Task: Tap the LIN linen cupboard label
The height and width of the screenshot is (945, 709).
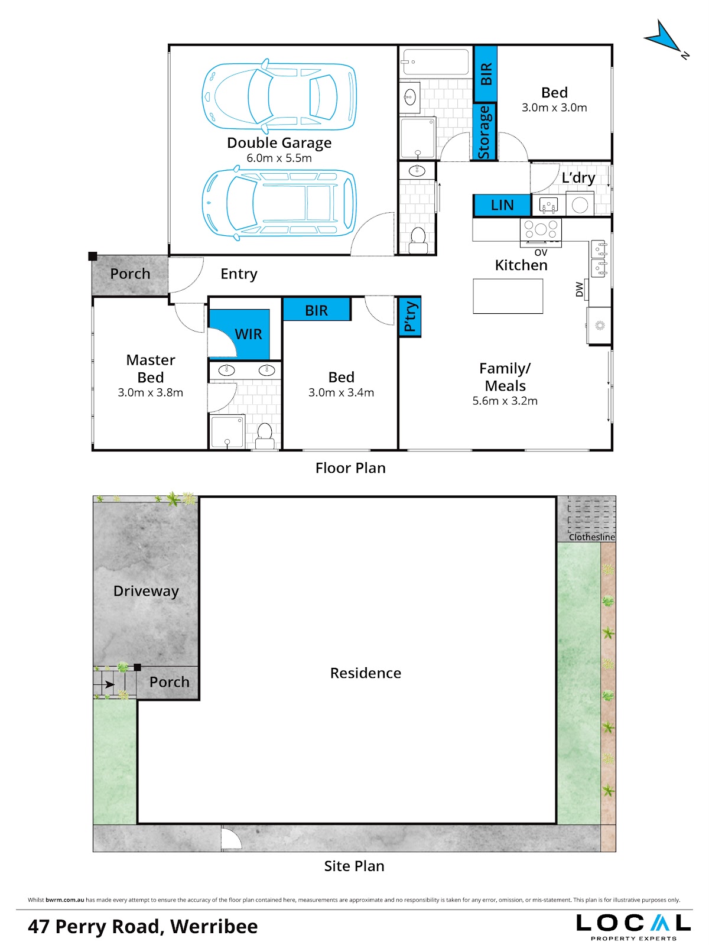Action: (x=502, y=205)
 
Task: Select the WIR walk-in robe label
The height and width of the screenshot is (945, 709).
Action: (x=248, y=334)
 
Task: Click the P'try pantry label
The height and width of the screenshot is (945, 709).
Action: (x=410, y=316)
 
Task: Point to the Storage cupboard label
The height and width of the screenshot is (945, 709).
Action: (x=484, y=132)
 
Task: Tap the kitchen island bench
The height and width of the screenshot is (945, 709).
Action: (x=508, y=295)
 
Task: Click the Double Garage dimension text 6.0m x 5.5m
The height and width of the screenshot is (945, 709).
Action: (x=279, y=158)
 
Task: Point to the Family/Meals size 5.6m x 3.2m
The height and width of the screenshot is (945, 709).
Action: (x=505, y=401)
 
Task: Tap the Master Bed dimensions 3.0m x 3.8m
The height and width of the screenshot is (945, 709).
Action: (x=150, y=392)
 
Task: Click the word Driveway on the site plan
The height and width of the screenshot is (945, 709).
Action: (x=146, y=591)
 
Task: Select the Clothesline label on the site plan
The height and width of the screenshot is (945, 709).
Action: (x=591, y=537)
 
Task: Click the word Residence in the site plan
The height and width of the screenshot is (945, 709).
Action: (x=365, y=673)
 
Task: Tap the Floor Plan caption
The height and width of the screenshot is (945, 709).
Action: (x=350, y=468)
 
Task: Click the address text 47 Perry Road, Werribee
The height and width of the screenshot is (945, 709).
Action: (x=143, y=926)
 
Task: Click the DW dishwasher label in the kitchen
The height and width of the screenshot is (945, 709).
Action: (x=579, y=290)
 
